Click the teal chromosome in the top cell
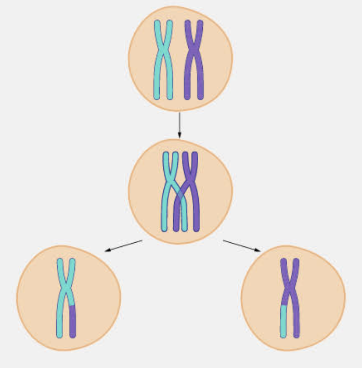[x=163, y=60]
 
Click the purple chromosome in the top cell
[x=194, y=60]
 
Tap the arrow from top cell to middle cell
[x=179, y=125]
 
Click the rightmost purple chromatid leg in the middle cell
[x=196, y=218]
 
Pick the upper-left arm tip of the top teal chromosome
[x=157, y=23]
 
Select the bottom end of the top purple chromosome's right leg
[x=200, y=97]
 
